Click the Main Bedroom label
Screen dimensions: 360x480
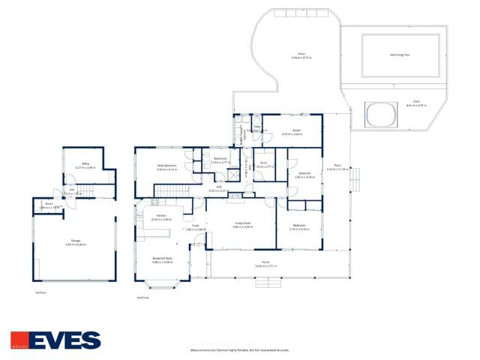pyautogui.click(x=166, y=166)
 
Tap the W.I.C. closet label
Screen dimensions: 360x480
pyautogui.click(x=265, y=163)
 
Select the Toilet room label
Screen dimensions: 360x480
pyautogui.click(x=256, y=127)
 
